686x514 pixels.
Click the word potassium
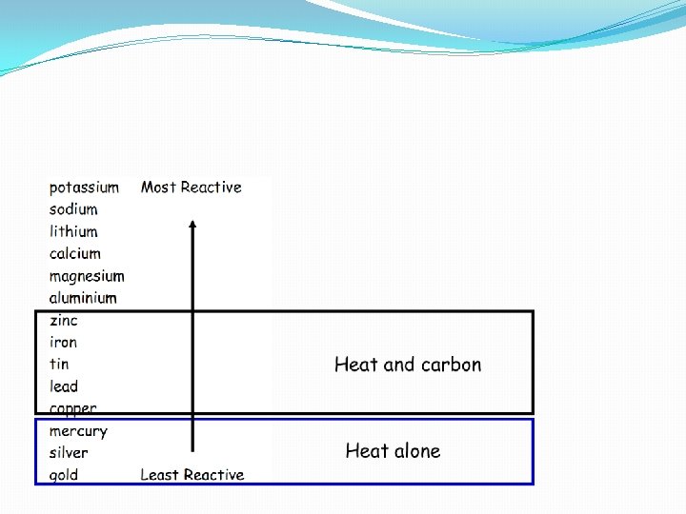point(84,188)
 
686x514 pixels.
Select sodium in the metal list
point(73,209)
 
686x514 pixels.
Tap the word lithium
point(73,231)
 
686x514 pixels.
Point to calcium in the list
point(74,253)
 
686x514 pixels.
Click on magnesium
point(87,277)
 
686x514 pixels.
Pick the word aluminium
point(83,298)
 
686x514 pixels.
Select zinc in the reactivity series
point(64,321)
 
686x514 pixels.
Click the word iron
point(63,343)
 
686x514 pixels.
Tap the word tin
point(59,364)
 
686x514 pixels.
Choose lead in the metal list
point(64,386)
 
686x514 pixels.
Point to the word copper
point(72,409)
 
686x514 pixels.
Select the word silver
point(69,453)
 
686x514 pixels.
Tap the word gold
point(64,475)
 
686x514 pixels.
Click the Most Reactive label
point(192,188)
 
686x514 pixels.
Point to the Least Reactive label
point(192,475)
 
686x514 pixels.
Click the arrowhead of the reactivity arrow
point(192,226)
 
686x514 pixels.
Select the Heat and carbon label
point(408,365)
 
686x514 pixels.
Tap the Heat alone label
point(393,451)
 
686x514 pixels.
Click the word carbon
point(451,365)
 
